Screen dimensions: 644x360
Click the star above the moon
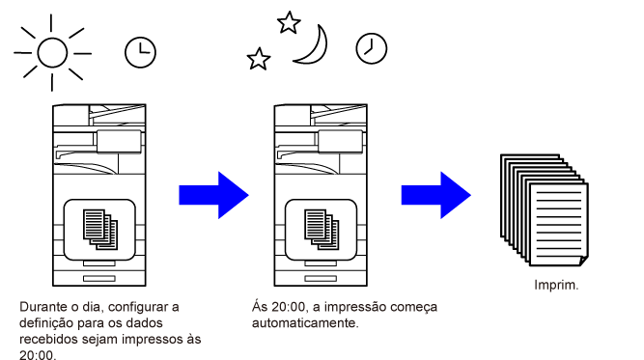[289, 22]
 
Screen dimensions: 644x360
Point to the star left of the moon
[259, 59]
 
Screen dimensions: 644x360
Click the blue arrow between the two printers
[213, 195]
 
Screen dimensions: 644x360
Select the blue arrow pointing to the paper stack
[435, 195]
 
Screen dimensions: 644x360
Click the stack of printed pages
[545, 209]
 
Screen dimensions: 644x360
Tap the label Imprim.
[556, 285]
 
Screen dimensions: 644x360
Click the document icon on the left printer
[100, 230]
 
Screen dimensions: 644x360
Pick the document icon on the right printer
[322, 230]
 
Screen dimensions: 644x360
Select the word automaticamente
[305, 323]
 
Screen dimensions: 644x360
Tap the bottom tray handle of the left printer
[99, 279]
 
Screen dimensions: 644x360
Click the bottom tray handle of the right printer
[321, 279]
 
